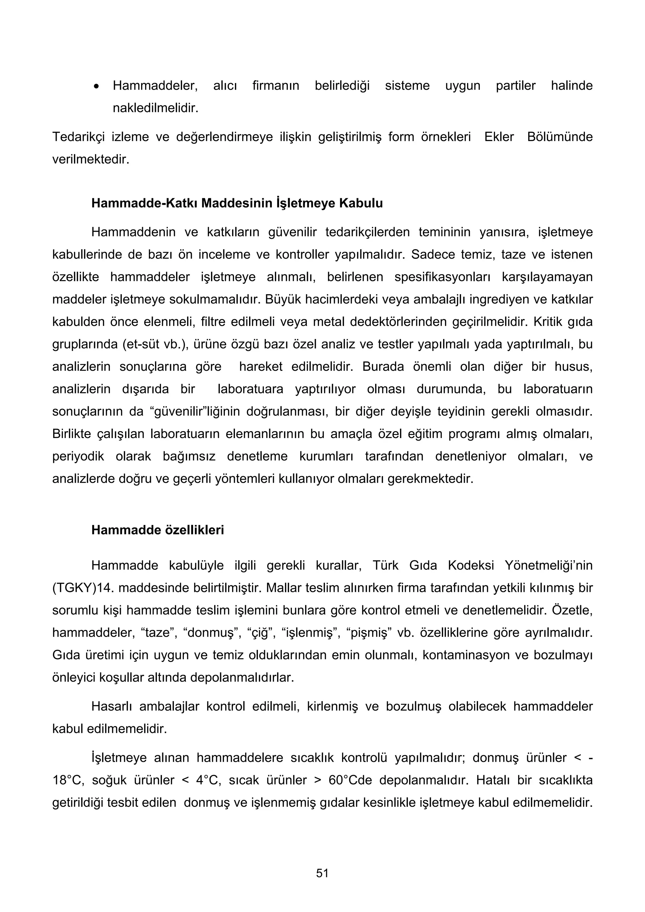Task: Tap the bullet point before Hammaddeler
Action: [96, 87]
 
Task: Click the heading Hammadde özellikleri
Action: [157, 530]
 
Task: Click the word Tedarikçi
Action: [78, 137]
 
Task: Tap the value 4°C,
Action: [208, 780]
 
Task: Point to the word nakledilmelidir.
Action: [155, 108]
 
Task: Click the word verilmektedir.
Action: [91, 160]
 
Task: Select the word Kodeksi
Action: [471, 565]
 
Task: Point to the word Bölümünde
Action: [560, 137]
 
